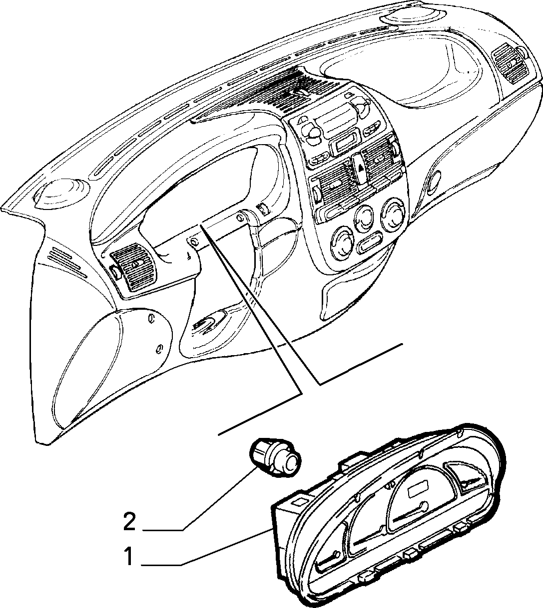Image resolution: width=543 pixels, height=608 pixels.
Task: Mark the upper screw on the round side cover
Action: (152, 319)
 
